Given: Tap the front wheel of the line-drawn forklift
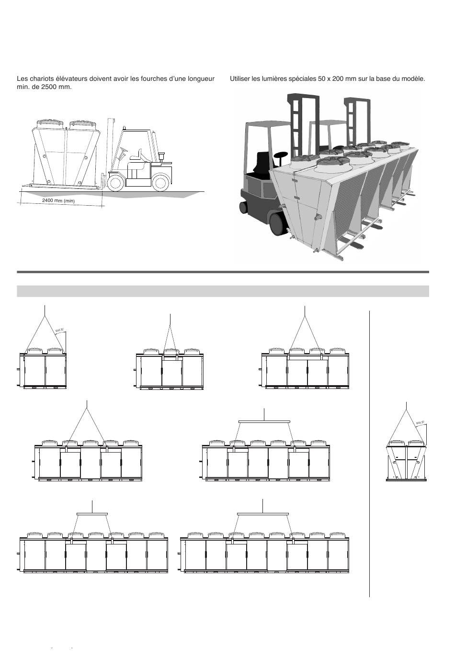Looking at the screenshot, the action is click(x=115, y=183).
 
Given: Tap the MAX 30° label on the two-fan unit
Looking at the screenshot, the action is click(x=59, y=330).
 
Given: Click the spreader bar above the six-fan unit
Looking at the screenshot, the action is click(x=264, y=421).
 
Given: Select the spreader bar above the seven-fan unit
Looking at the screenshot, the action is click(x=92, y=514).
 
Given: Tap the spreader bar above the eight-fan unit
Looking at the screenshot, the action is click(x=263, y=514).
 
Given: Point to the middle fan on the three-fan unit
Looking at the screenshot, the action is click(x=171, y=352).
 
